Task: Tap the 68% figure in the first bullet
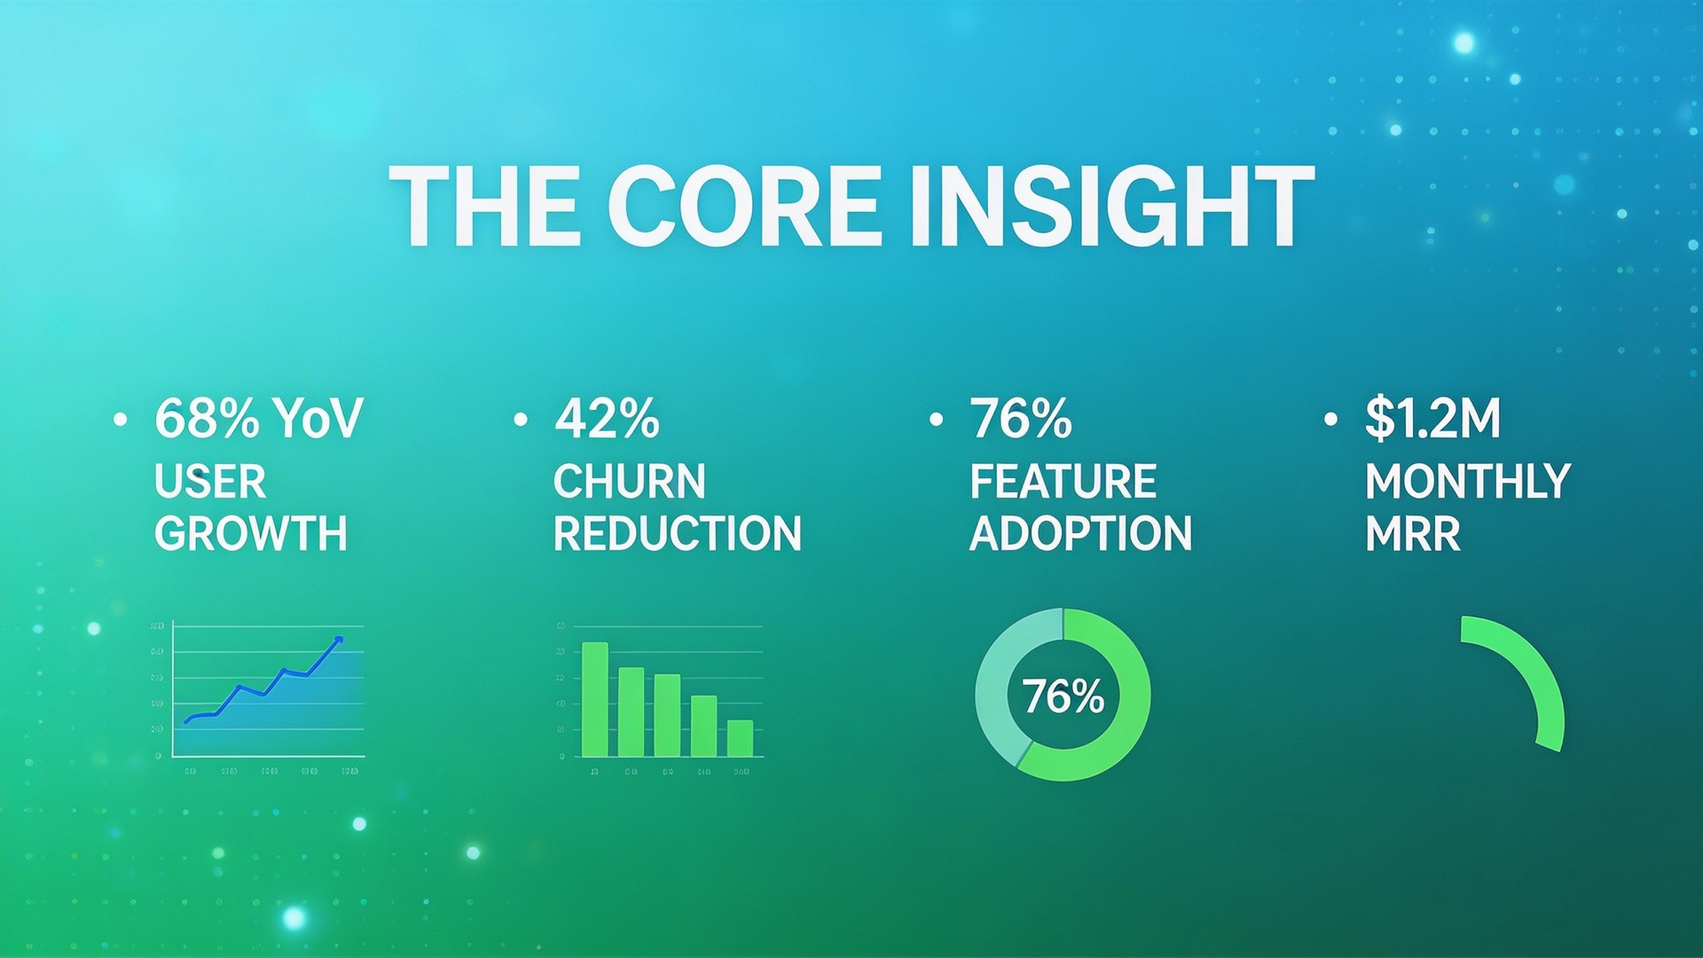pyautogui.click(x=207, y=419)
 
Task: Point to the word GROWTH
pyautogui.click(x=250, y=534)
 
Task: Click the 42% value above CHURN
pyautogui.click(x=607, y=419)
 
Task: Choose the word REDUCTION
pyautogui.click(x=677, y=534)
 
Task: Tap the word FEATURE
pyautogui.click(x=1063, y=483)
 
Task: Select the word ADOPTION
pyautogui.click(x=1080, y=534)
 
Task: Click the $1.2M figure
pyautogui.click(x=1432, y=419)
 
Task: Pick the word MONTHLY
pyautogui.click(x=1467, y=483)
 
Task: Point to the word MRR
pyautogui.click(x=1412, y=534)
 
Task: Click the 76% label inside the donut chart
pyautogui.click(x=1063, y=696)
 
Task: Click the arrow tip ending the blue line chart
pyautogui.click(x=338, y=639)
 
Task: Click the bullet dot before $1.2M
pyautogui.click(x=1330, y=420)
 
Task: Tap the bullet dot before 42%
pyautogui.click(x=521, y=420)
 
